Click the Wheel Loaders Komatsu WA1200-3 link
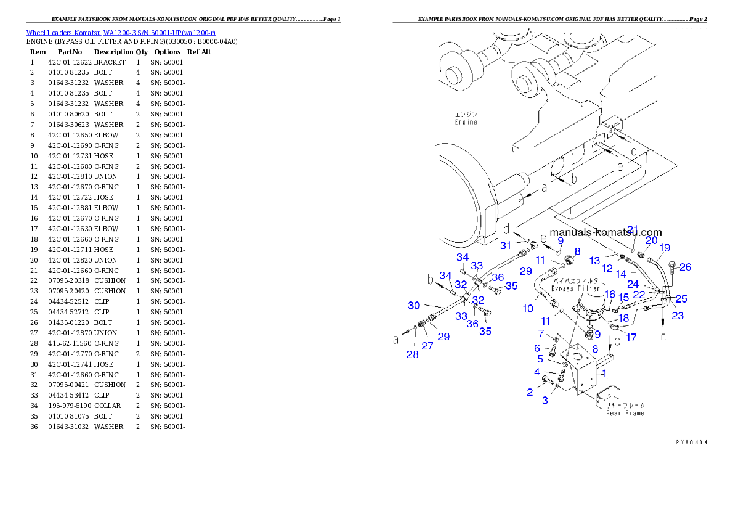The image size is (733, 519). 121,32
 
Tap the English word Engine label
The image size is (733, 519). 466,122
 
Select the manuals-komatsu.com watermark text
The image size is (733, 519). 605,232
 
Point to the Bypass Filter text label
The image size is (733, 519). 576,288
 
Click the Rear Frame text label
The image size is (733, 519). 625,413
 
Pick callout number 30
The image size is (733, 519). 414,305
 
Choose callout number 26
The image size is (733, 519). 686,267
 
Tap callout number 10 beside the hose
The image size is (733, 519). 528,308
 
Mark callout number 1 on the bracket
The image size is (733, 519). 605,372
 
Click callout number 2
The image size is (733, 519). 530,392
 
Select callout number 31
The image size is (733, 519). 506,245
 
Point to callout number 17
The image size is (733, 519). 631,337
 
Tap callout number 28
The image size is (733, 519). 413,354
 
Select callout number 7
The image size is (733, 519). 541,333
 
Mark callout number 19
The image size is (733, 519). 665,248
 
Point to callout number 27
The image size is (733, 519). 427,346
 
